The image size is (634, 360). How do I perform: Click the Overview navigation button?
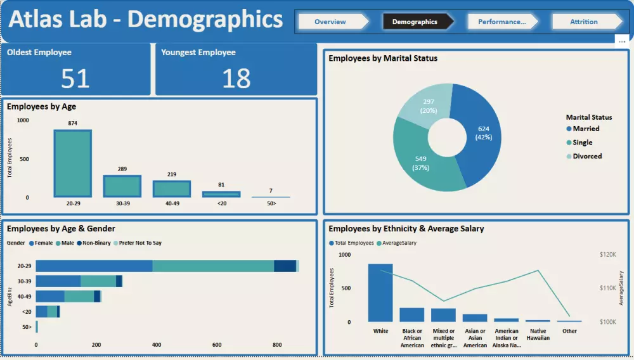click(331, 22)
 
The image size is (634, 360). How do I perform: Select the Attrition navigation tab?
click(584, 22)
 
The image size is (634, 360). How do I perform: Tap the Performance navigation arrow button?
click(502, 22)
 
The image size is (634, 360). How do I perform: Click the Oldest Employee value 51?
click(75, 78)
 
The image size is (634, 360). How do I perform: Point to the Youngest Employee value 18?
click(236, 78)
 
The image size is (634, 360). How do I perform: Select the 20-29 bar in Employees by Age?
click(72, 164)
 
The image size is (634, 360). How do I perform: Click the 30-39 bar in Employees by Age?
click(122, 186)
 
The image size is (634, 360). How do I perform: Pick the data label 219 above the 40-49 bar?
click(171, 174)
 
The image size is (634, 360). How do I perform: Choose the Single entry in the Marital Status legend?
click(583, 143)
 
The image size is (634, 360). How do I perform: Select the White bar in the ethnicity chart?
click(380, 293)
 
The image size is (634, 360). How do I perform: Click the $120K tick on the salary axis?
click(608, 255)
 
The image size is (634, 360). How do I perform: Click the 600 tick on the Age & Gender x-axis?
click(217, 345)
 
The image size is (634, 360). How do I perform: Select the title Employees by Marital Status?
click(383, 58)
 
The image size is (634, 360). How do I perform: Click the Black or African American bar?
click(412, 315)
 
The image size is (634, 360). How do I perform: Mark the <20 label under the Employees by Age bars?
click(221, 204)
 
